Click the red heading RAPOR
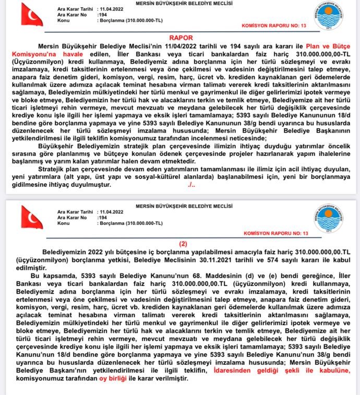pyautogui.click(x=181, y=38)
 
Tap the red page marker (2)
pyautogui.click(x=183, y=243)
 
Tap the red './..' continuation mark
pyautogui.click(x=191, y=185)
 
